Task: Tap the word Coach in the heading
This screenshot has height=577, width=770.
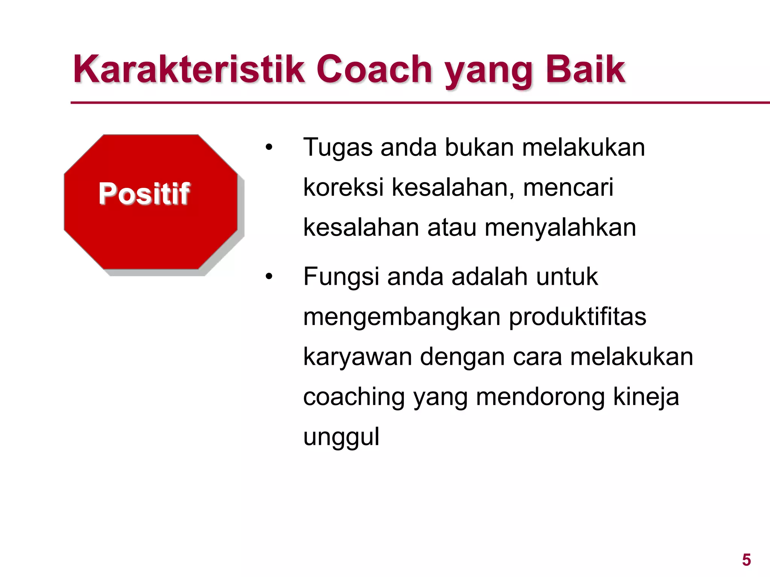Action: [x=374, y=69]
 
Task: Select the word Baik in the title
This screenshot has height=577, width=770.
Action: [x=585, y=69]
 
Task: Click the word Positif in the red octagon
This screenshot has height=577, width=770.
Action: [x=144, y=194]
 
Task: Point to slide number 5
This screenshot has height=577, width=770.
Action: [x=746, y=560]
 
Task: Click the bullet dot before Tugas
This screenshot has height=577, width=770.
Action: [x=268, y=148]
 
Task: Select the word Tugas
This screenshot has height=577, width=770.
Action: [x=337, y=148]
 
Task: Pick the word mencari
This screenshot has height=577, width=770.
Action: [x=568, y=187]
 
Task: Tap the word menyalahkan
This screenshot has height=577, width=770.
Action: [x=560, y=227]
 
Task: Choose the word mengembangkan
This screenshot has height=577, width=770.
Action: [x=402, y=317]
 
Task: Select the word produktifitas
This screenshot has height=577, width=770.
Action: [x=577, y=317]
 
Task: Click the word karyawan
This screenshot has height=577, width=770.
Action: [x=357, y=357]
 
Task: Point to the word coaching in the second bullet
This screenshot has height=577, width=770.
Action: [x=354, y=397]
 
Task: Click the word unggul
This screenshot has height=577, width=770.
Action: [x=341, y=437]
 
